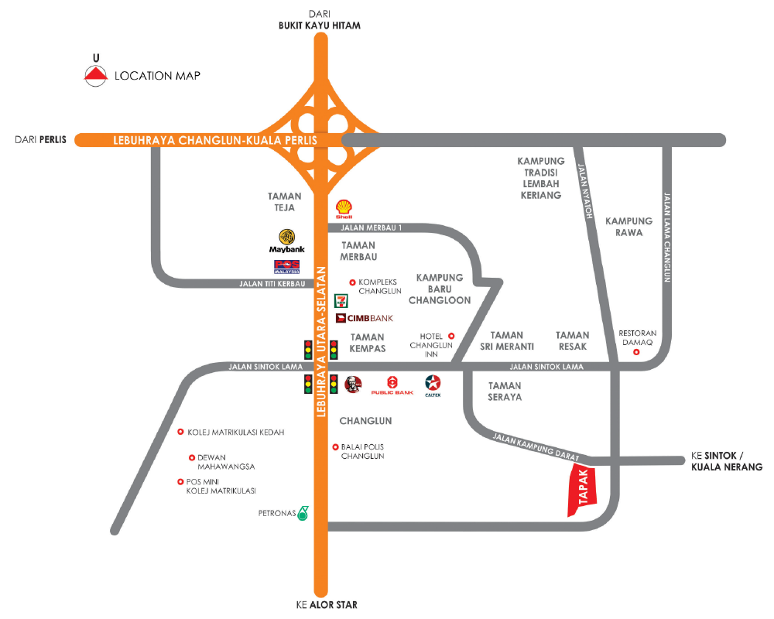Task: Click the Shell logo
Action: point(344,207)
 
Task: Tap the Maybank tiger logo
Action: point(286,237)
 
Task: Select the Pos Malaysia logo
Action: point(286,266)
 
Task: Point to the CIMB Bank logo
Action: point(365,318)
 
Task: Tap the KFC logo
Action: point(352,384)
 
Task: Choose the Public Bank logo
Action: point(392,385)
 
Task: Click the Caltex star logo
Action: point(433,383)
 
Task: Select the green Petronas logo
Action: point(303,512)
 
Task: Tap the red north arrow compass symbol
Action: point(95,75)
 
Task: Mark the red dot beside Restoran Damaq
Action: point(636,353)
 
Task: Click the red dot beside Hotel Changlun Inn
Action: point(452,336)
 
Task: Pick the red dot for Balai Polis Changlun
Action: point(334,446)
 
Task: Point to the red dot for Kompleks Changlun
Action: point(353,282)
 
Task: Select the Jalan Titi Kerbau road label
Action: point(268,284)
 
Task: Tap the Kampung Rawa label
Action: point(628,226)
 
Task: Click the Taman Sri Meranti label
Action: point(507,340)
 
